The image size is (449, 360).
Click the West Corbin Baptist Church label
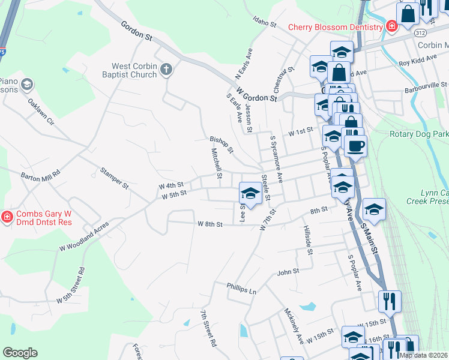click(x=134, y=71)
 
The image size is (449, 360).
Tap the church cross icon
click(x=166, y=70)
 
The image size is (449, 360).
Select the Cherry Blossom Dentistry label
click(x=335, y=27)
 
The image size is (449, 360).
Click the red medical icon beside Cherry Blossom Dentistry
click(x=391, y=26)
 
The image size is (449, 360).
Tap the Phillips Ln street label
click(x=241, y=289)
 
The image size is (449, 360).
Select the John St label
click(x=288, y=272)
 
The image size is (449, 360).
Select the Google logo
click(x=20, y=353)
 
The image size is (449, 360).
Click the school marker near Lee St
click(x=250, y=193)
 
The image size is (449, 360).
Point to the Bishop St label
click(x=221, y=144)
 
